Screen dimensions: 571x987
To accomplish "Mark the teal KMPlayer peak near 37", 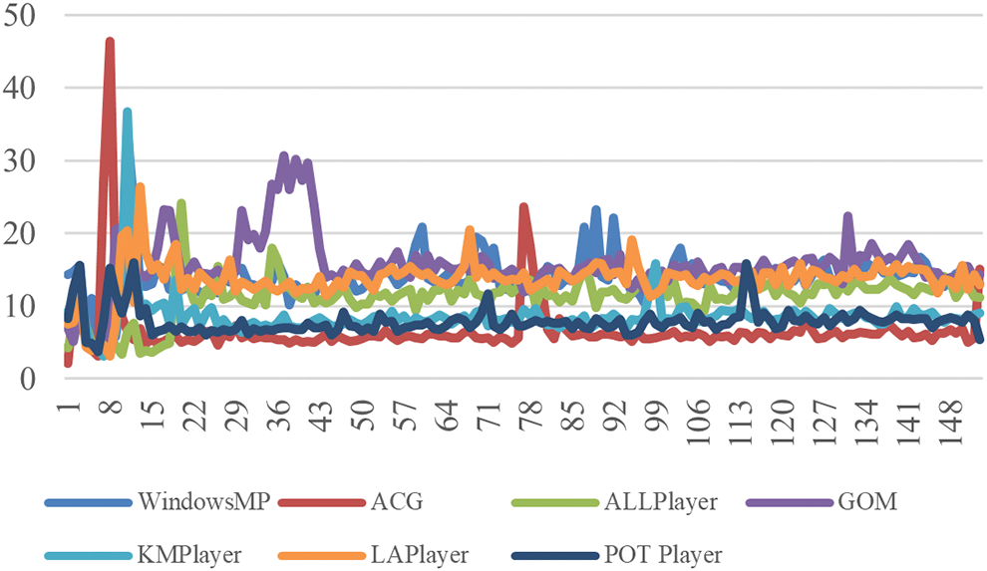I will point(128,112).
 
